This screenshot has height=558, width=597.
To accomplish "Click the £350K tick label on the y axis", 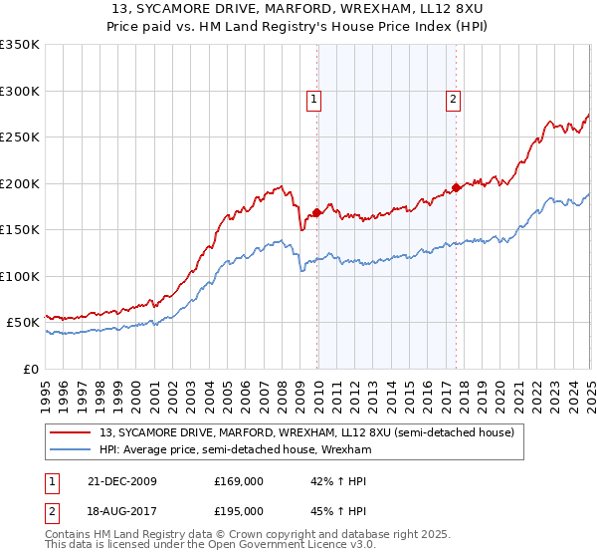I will pos(20,45).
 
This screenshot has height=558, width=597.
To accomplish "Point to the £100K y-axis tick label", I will pos(20,276).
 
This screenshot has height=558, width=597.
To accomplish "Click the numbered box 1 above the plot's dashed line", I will pos(313,99).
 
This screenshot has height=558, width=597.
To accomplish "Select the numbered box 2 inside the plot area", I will pos(453,99).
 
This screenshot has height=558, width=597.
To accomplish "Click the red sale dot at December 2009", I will pos(317,212).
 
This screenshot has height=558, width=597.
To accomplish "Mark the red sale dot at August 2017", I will pos(456,187).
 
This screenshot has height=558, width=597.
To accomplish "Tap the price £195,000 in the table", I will pos(239,510).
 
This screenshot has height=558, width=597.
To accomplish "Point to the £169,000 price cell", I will pos(239,481).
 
